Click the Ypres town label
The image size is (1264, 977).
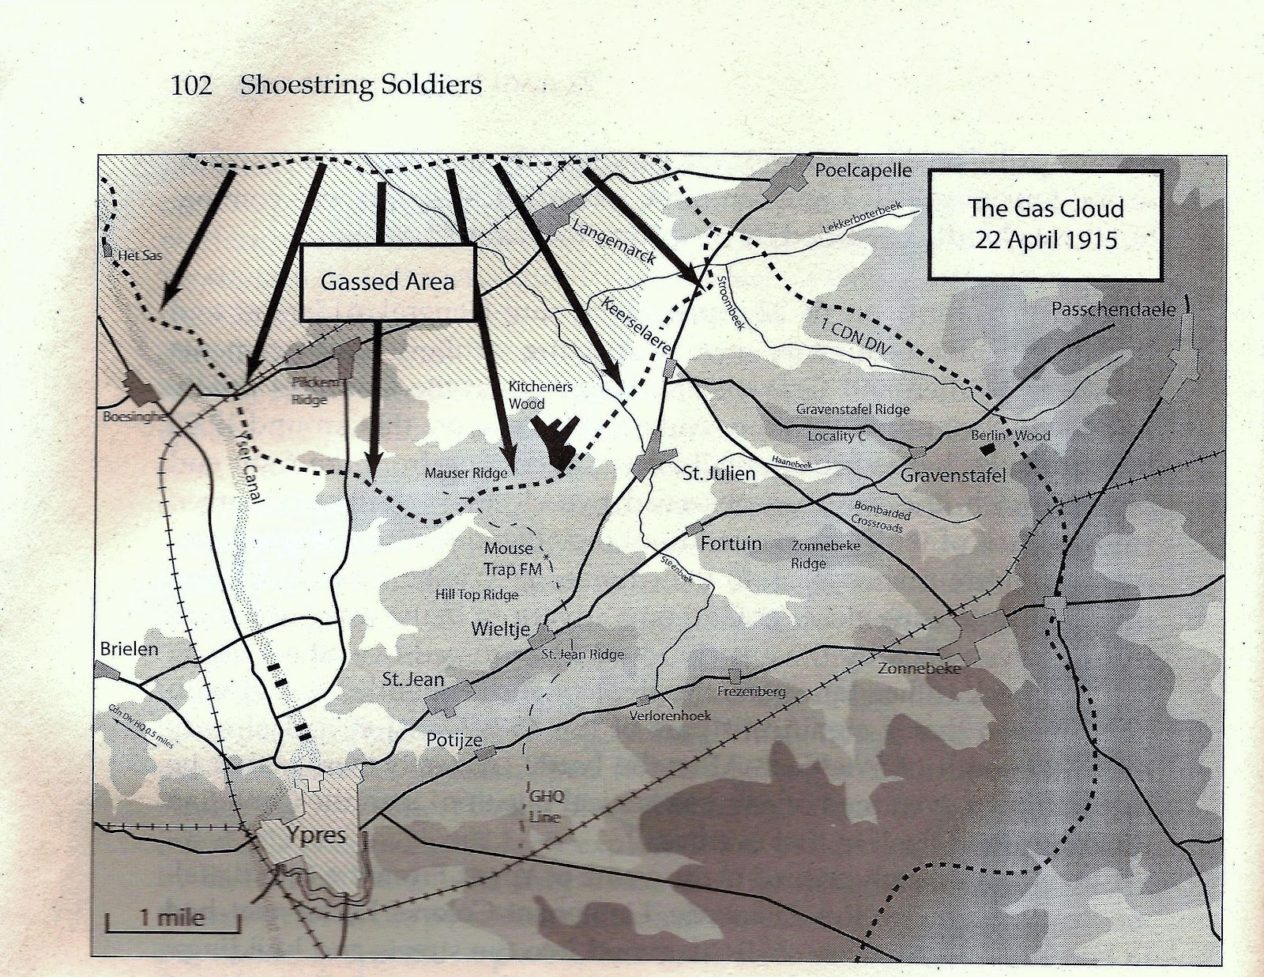tap(315, 835)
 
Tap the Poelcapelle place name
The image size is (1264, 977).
tap(863, 170)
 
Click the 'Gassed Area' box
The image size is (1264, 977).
tap(387, 282)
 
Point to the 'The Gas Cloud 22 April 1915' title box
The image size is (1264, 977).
tap(1045, 224)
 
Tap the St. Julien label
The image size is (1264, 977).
tap(719, 473)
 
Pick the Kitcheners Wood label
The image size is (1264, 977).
tap(540, 394)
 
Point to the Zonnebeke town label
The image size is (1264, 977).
tap(919, 668)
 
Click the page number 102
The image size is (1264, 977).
tap(191, 85)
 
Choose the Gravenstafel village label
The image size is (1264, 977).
tap(953, 475)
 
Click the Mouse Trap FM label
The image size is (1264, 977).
tap(512, 558)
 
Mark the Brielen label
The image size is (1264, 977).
tap(129, 649)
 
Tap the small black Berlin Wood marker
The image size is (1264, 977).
tap(986, 448)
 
